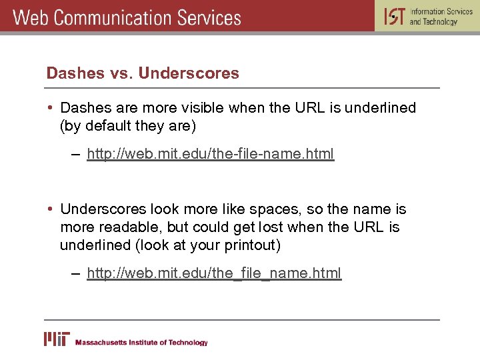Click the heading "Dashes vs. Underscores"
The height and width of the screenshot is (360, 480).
pyautogui.click(x=143, y=73)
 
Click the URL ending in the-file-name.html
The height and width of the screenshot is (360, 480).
pyautogui.click(x=210, y=155)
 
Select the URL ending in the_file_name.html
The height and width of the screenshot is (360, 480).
pyautogui.click(x=214, y=273)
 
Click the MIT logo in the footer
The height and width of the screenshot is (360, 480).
pyautogui.click(x=56, y=339)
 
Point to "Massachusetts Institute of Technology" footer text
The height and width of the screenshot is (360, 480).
pyautogui.click(x=141, y=343)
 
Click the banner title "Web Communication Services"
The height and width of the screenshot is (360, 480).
pyautogui.click(x=127, y=17)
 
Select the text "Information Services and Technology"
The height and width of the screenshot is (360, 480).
pyautogui.click(x=441, y=17)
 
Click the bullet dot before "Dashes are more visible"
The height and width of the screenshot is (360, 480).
pyautogui.click(x=51, y=108)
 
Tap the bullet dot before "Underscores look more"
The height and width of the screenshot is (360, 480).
pyautogui.click(x=51, y=209)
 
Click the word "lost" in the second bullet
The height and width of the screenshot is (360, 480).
pyautogui.click(x=263, y=227)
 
